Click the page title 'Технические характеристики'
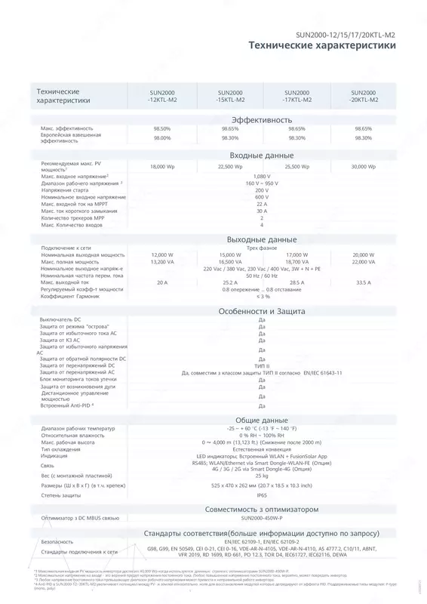pyautogui.click(x=322, y=46)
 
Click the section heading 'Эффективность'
pyautogui.click(x=261, y=120)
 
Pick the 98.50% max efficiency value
pyautogui.click(x=161, y=129)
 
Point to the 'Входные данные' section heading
pyautogui.click(x=261, y=155)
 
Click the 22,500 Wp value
pyautogui.click(x=229, y=166)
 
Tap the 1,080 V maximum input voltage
pyautogui.click(x=262, y=176)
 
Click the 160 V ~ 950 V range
pyautogui.click(x=262, y=183)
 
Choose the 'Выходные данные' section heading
pyautogui.click(x=261, y=239)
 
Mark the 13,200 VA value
pyautogui.click(x=162, y=261)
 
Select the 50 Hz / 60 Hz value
pyautogui.click(x=262, y=275)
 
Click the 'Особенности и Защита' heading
pyautogui.click(x=261, y=311)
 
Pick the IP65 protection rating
pyautogui.click(x=262, y=474)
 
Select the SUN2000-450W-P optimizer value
pyautogui.click(x=262, y=498)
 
